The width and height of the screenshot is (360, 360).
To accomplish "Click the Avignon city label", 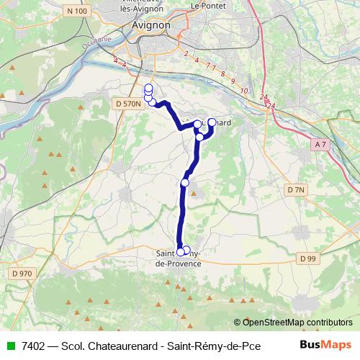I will [x=151, y=25].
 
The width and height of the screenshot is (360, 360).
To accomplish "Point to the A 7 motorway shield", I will [x=322, y=145].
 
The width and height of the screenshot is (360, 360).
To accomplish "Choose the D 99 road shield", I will [x=307, y=258].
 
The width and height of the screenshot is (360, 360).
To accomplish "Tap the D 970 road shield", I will [x=22, y=274].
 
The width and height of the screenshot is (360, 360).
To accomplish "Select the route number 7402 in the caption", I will [x=31, y=345].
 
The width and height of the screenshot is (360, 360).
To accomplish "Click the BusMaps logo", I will [x=325, y=345].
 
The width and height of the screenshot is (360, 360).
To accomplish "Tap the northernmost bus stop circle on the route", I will [x=148, y=89].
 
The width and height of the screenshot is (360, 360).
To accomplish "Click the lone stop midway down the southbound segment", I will [x=184, y=183].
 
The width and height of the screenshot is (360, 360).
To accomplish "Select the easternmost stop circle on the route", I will [x=212, y=122].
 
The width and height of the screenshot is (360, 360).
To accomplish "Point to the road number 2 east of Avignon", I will [x=186, y=53].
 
